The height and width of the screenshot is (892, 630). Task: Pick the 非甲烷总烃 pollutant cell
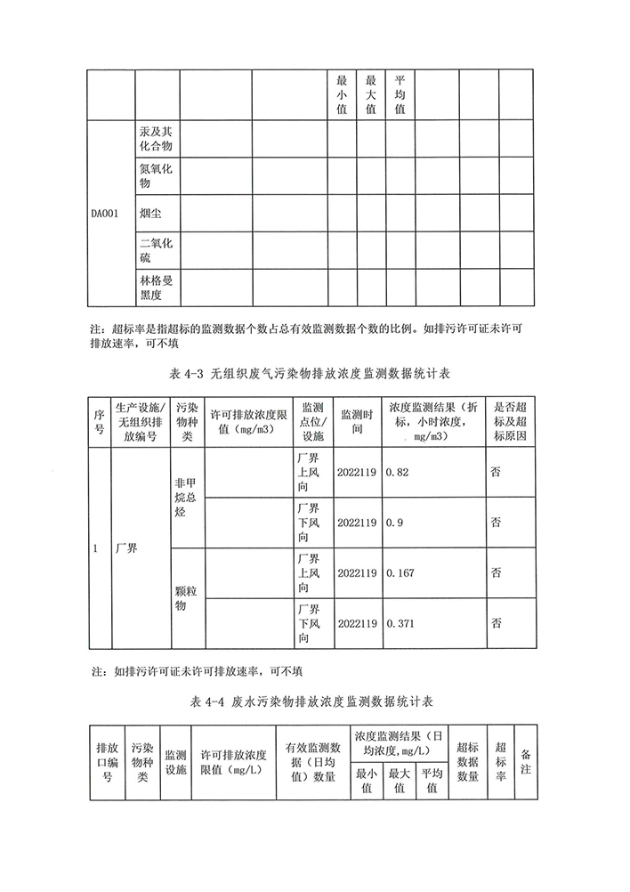click(185, 497)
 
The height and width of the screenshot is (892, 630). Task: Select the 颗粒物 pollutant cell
click(185, 597)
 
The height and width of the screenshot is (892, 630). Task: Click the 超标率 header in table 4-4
click(501, 761)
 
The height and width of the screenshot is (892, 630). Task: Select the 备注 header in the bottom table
click(526, 761)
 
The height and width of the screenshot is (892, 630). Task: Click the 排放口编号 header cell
click(107, 761)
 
